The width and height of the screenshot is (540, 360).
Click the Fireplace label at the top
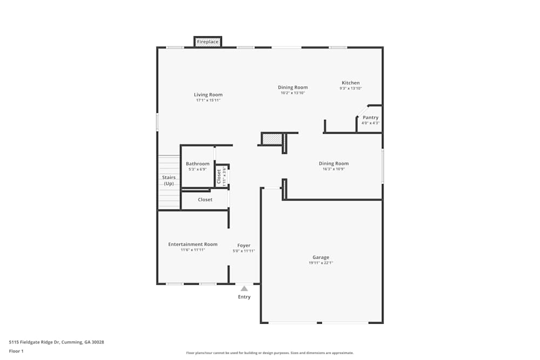(x=208, y=42)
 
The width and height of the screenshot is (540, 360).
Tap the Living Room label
(x=208, y=95)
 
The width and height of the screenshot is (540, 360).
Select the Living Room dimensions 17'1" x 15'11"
(x=208, y=100)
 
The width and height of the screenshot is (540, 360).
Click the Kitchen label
(x=350, y=83)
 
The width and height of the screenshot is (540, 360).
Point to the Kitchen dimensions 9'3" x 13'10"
(x=350, y=89)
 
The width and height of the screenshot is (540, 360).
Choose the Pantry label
(x=370, y=118)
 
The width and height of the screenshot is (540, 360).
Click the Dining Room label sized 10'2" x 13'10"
(x=293, y=87)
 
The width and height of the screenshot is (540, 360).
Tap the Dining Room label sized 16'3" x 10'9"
(x=334, y=164)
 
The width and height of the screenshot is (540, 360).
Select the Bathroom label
(x=198, y=164)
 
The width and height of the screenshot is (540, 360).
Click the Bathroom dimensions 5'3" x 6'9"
(x=198, y=169)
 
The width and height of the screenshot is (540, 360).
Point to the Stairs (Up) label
(x=168, y=180)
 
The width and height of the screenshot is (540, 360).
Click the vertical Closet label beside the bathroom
(x=219, y=176)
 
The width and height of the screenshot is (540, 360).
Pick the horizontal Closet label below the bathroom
(x=205, y=200)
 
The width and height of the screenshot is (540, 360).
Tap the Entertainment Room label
(x=193, y=244)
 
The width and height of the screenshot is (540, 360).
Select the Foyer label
(x=244, y=246)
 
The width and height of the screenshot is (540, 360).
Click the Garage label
(x=321, y=257)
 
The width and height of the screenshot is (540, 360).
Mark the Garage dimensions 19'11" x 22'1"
(x=321, y=263)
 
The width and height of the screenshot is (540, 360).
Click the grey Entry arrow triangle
(x=244, y=289)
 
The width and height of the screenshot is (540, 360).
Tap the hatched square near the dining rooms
(x=273, y=139)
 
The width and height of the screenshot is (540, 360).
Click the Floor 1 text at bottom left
(x=16, y=351)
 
